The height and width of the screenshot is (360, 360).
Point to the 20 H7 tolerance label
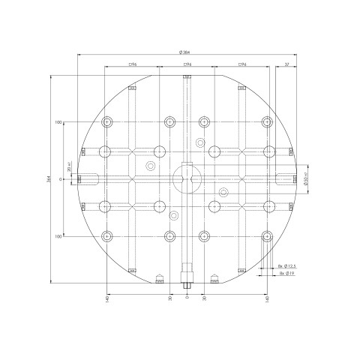pyautogui.click(x=69, y=167)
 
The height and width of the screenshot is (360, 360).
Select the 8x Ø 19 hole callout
pyautogui.click(x=286, y=274)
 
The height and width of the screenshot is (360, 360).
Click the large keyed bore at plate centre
pyautogui.click(x=186, y=178)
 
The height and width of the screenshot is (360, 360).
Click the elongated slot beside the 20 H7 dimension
pyautogui.click(x=89, y=178)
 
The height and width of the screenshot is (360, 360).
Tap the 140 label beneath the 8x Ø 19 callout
pyautogui.click(x=267, y=299)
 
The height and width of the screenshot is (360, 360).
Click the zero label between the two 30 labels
pyautogui.click(x=187, y=298)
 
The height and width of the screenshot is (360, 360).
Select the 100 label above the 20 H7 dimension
pyautogui.click(x=57, y=121)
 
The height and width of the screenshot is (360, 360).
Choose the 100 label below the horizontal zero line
pyautogui.click(x=57, y=236)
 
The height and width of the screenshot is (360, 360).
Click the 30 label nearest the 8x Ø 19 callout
pyautogui.click(x=204, y=298)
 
